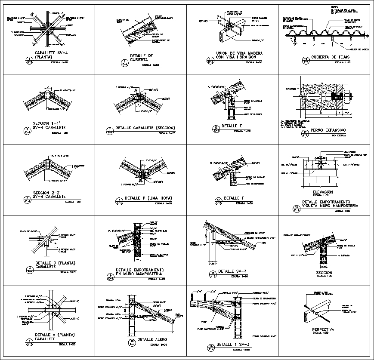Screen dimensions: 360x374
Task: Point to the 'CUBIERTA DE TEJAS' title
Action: pos(330,57)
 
